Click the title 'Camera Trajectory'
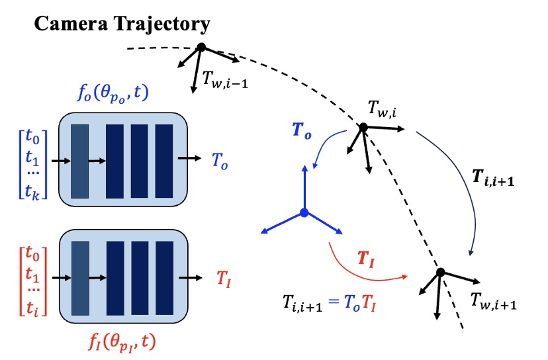tap(122, 24)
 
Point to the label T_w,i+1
tap(493, 301)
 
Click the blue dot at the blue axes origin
tap(303, 212)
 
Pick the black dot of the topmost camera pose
tap(201, 47)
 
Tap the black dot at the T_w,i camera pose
tap(363, 127)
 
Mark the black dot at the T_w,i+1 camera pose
tap(439, 272)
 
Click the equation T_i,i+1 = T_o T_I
tap(331, 304)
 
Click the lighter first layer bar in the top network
tap(79, 160)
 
